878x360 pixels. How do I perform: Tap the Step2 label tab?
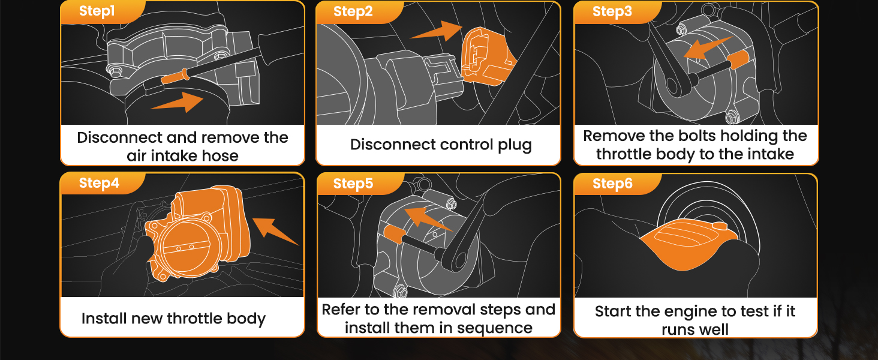[x=353, y=11]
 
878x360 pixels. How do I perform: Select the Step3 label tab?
[x=612, y=11]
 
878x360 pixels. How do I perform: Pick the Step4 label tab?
[x=99, y=184]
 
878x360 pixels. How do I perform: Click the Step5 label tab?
[x=353, y=184]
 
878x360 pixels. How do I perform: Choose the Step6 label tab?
[x=612, y=184]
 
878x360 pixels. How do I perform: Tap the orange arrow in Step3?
[x=708, y=49]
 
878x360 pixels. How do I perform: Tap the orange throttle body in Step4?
[x=192, y=234]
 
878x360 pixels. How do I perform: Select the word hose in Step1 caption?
[x=220, y=156]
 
